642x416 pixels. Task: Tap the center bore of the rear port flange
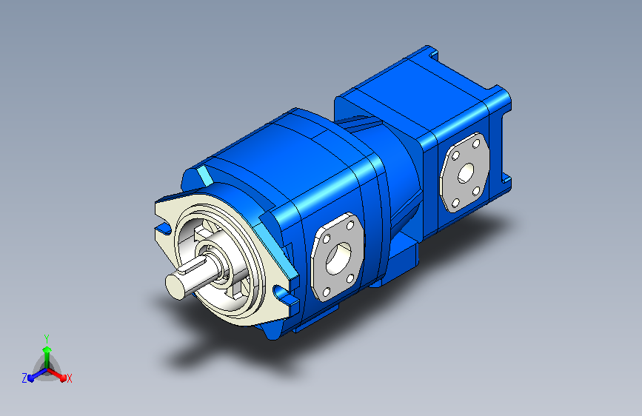[x=466, y=173]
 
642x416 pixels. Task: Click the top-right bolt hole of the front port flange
[x=350, y=225]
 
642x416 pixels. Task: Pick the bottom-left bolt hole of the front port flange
[x=327, y=292]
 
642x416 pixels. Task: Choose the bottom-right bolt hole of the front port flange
[x=350, y=279]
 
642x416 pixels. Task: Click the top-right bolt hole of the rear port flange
[x=476, y=144]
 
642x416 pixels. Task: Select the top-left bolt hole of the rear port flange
[x=455, y=155]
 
